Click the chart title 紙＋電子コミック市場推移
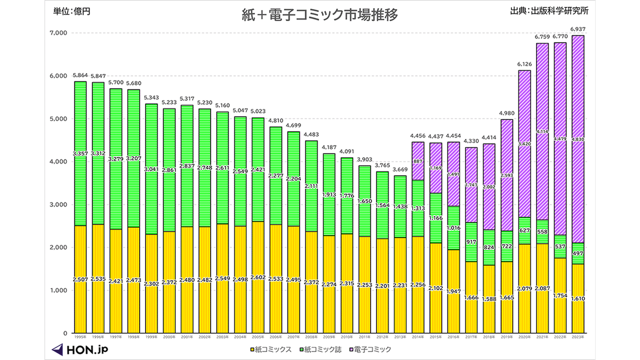tap(320, 15)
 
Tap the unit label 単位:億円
tap(72, 11)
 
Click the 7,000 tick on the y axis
tap(58, 33)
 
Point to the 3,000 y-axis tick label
tap(58, 205)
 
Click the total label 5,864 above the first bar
tap(80, 76)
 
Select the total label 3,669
tap(400, 170)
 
